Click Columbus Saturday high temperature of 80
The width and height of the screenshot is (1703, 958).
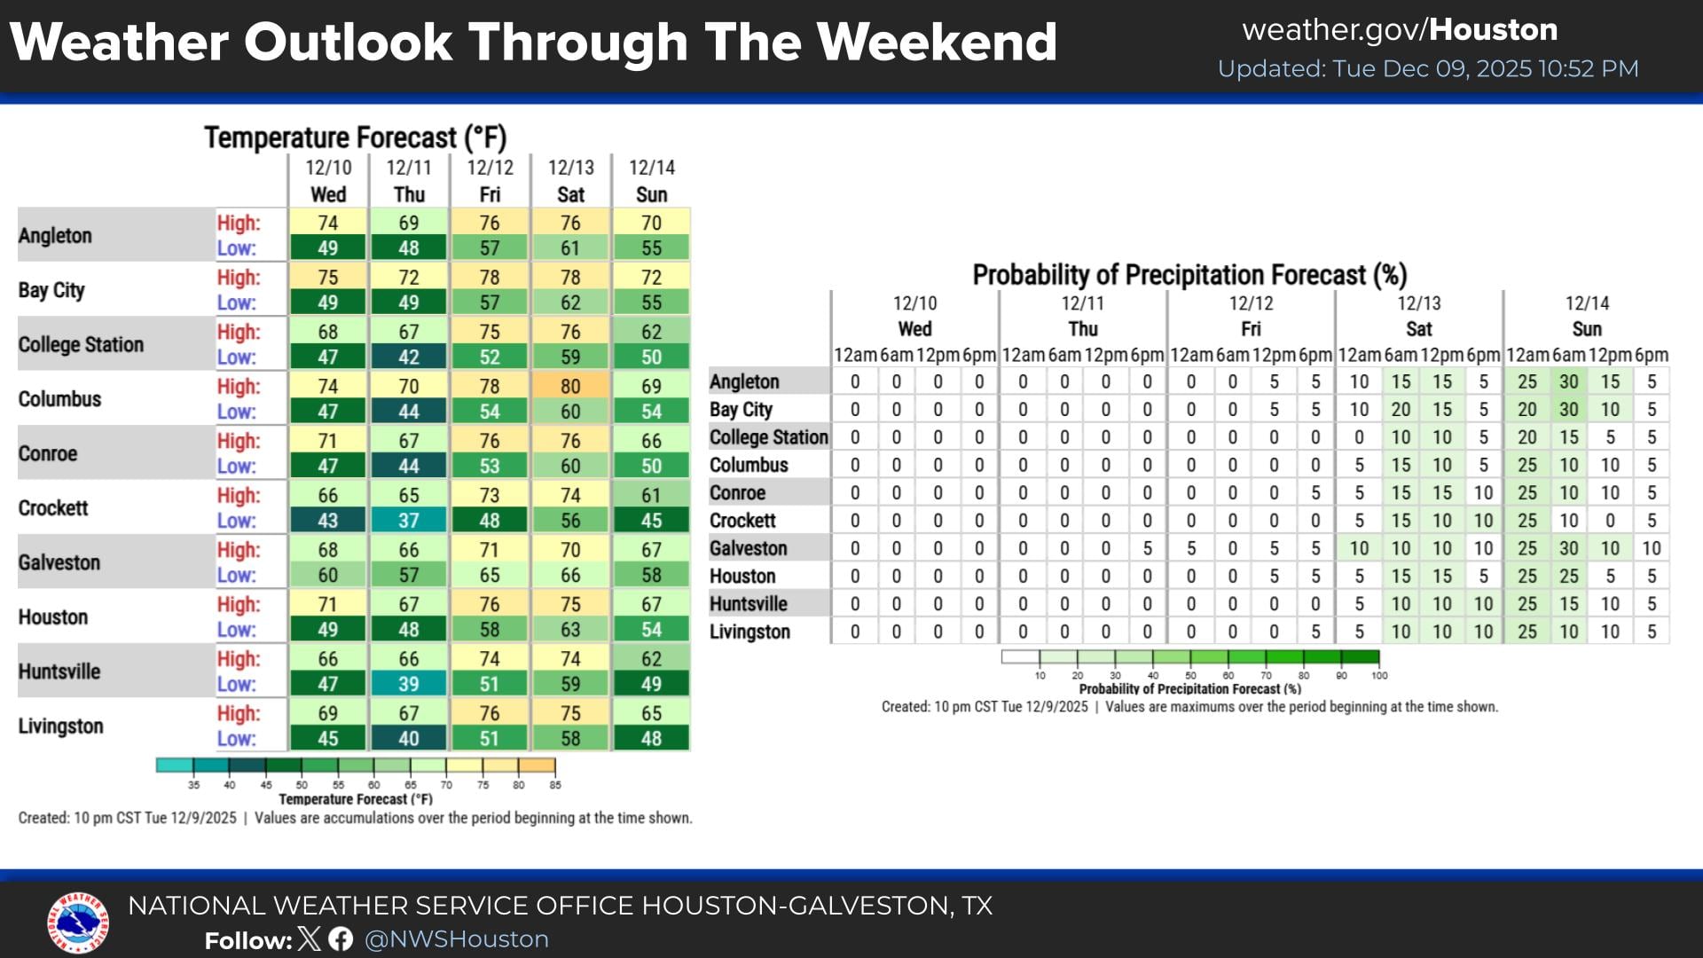click(x=570, y=387)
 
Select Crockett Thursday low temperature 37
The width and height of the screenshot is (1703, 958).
click(x=408, y=521)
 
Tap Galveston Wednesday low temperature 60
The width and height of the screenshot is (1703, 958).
click(x=327, y=575)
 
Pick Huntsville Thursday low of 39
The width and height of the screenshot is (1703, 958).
click(x=408, y=684)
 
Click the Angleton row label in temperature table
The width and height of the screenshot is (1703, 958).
click(x=55, y=236)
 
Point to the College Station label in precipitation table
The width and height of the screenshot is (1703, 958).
click(x=768, y=437)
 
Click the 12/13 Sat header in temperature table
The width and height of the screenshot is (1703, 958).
click(x=570, y=181)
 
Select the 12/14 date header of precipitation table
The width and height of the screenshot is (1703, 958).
click(x=1587, y=303)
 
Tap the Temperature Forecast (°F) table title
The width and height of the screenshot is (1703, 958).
click(x=355, y=137)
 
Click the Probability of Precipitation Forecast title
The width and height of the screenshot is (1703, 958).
click(x=1189, y=275)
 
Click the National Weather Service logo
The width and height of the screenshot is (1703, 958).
click(x=78, y=923)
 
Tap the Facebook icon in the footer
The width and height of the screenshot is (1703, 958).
click(x=341, y=939)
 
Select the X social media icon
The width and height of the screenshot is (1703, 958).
click(x=310, y=939)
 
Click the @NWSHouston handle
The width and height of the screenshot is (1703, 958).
click(x=457, y=939)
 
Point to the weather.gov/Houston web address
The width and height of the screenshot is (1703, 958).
click(x=1400, y=30)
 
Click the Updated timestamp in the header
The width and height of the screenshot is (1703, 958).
click(x=1428, y=69)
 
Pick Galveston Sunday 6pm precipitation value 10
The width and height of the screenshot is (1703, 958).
click(x=1651, y=548)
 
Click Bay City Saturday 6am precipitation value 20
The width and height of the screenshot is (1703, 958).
click(x=1401, y=410)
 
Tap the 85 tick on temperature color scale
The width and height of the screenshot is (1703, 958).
click(x=555, y=785)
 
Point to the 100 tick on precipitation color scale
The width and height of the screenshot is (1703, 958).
click(x=1379, y=676)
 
